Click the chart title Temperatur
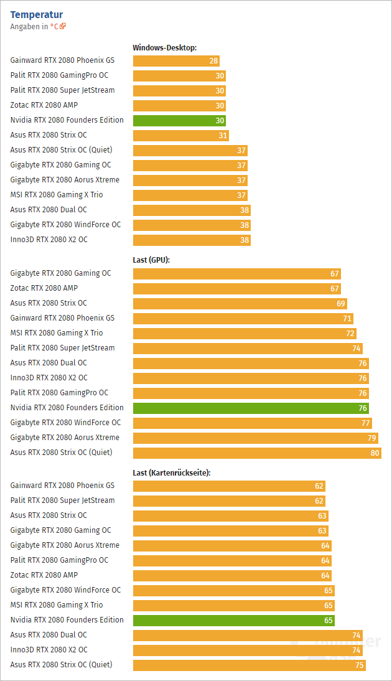[37, 14]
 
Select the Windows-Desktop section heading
[164, 47]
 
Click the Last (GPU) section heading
[151, 260]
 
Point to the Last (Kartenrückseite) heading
[172, 472]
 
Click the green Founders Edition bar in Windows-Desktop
[179, 121]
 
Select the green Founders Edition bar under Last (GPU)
[251, 408]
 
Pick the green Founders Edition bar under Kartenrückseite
[233, 621]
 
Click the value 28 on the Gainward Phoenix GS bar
[213, 61]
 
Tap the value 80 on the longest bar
[375, 453]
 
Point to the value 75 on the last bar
[359, 665]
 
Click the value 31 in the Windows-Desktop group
[223, 136]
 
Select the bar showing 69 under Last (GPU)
[240, 304]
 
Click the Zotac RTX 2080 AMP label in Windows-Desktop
[44, 105]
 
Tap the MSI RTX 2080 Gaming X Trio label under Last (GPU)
[57, 333]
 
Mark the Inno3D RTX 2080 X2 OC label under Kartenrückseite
[49, 650]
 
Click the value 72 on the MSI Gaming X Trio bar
[350, 334]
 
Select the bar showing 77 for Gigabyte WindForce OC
[252, 423]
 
